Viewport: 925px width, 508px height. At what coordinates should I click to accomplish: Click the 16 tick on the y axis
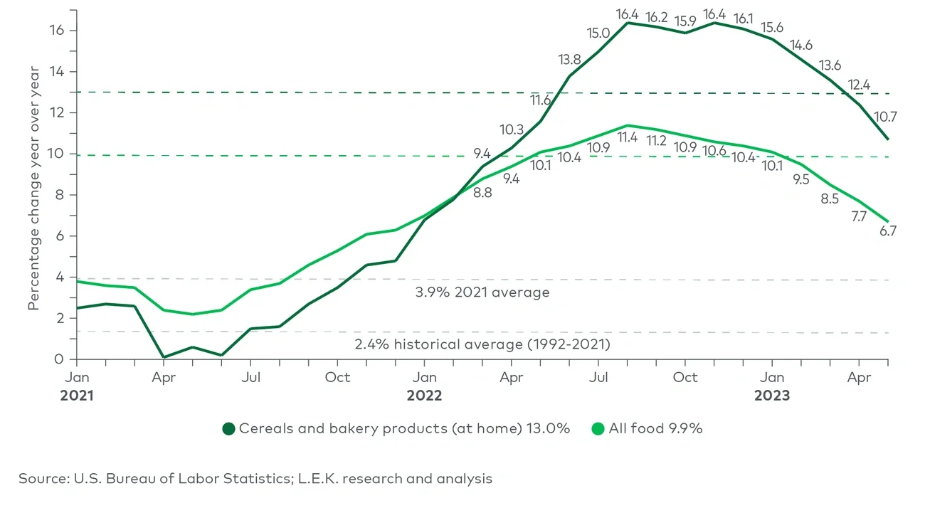57,31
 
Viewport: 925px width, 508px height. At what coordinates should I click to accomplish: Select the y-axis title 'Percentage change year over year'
33,188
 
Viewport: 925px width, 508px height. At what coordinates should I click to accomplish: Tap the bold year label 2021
78,395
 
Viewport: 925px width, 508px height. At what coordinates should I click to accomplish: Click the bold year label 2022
424,395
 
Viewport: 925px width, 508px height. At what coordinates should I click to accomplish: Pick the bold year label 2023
772,395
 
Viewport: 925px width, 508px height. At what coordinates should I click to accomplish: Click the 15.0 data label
598,33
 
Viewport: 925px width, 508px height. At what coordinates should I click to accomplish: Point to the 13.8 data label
569,60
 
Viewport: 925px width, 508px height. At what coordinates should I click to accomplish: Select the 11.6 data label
541,100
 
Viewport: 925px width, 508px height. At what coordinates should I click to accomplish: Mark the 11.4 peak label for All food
627,137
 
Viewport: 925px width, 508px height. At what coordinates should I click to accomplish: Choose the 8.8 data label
482,192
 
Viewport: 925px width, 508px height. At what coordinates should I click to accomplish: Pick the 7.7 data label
858,216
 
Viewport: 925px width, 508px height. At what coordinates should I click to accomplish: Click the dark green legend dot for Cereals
228,428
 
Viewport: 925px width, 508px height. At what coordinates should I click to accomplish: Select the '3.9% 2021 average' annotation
483,292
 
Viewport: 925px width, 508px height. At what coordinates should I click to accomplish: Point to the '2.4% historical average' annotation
482,344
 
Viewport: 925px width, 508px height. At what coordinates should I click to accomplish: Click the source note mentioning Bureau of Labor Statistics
255,479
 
